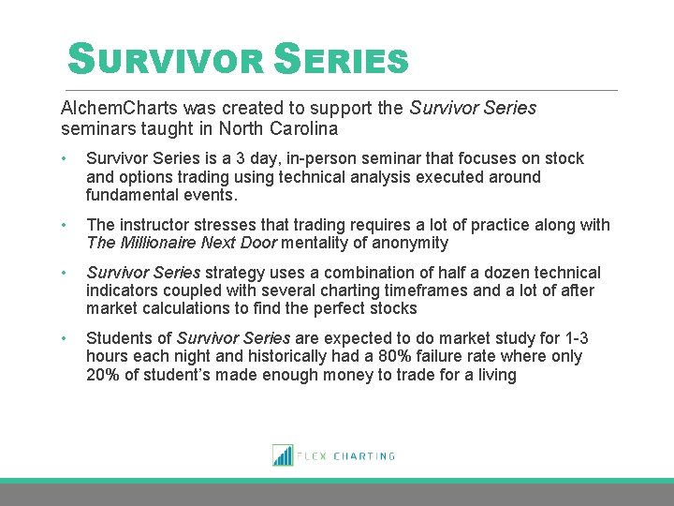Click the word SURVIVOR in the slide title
click(x=167, y=61)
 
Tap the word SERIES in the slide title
click(x=342, y=61)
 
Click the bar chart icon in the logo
click(x=282, y=455)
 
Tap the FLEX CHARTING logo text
click(x=346, y=456)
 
